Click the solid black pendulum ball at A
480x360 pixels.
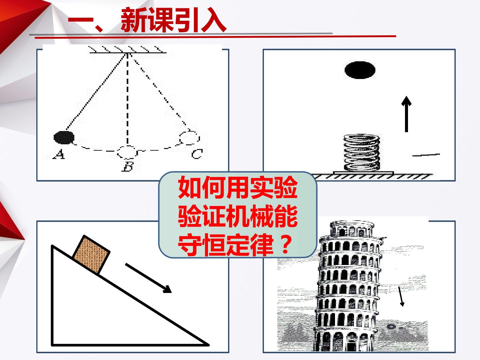tap(64, 137)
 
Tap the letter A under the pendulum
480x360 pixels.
tap(59, 154)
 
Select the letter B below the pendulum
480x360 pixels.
tap(127, 166)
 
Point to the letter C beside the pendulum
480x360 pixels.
tap(197, 154)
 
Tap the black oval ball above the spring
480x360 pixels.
tap(360, 70)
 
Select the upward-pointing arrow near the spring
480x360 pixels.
tap(406, 114)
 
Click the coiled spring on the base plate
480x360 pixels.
tap(362, 152)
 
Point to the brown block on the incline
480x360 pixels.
tap(91, 254)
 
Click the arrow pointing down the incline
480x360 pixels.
tap(148, 278)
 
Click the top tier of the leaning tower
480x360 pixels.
tap(352, 229)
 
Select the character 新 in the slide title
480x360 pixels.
tap(134, 20)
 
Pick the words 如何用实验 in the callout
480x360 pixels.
tap(238, 188)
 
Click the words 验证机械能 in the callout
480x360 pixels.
tap(238, 216)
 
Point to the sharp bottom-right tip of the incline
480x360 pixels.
tap(209, 345)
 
